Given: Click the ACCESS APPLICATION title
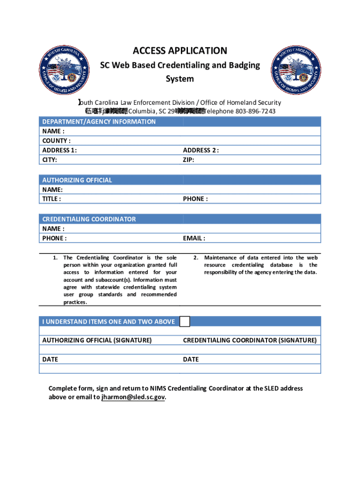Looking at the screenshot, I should (180, 51).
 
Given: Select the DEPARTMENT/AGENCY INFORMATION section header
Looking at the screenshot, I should (99, 122).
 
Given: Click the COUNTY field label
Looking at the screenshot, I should (57, 141).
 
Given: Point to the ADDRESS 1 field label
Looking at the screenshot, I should (60, 150).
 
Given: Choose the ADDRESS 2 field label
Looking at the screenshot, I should (201, 150).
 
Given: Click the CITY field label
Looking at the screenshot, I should (50, 160).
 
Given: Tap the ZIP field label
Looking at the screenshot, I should (189, 160).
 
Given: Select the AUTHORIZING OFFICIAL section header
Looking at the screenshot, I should (77, 180).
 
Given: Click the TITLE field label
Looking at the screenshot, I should (51, 199).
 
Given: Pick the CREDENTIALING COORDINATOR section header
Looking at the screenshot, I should (89, 219).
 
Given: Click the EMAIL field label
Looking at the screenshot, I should (194, 238).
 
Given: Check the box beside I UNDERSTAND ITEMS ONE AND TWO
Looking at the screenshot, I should (185, 321).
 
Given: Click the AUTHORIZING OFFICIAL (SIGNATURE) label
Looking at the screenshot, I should (97, 340).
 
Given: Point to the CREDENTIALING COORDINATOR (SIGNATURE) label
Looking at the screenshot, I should (250, 340).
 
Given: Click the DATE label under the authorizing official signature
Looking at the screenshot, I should (50, 359).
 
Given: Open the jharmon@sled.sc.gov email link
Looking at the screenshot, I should (133, 398).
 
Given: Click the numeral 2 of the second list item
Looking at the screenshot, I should (196, 258).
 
